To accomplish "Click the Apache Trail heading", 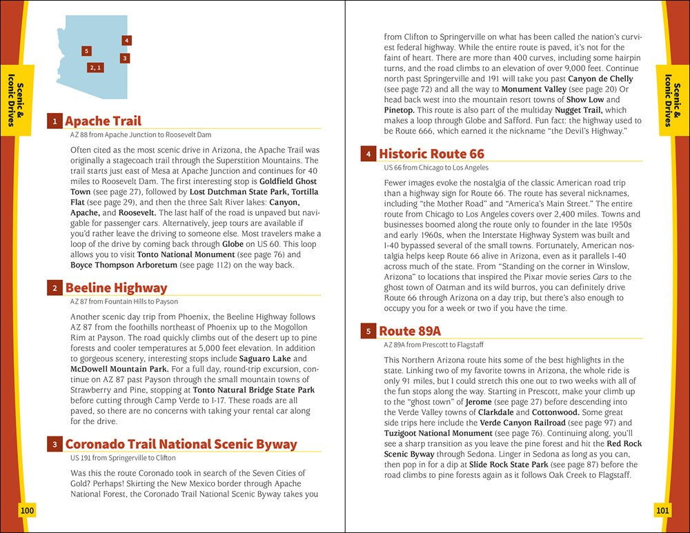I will tap(103, 121).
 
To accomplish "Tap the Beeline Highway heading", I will tap(116, 288).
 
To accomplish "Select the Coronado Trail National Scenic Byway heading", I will tap(181, 444).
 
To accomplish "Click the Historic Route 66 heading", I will tap(431, 154).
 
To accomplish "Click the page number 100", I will tap(28, 510).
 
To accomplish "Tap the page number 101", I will tap(662, 510).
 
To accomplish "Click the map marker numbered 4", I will tap(127, 41).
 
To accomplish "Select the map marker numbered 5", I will tap(86, 51).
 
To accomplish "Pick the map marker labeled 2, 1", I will tap(96, 68).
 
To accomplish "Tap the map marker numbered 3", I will tap(124, 58).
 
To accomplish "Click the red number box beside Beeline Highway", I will tap(54, 288).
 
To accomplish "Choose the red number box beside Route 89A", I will tap(368, 331).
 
